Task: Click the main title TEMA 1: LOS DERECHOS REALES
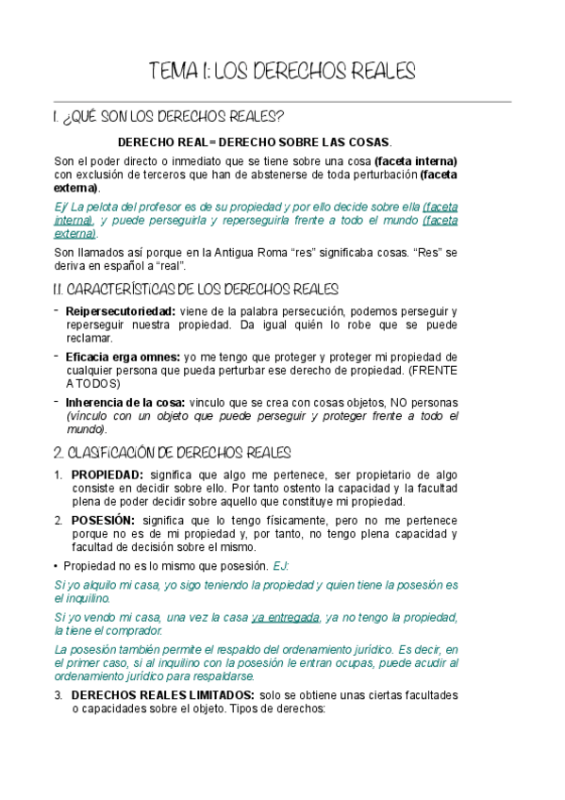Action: [282, 73]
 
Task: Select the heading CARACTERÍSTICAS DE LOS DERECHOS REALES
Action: [195, 289]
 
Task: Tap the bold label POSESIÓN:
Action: [103, 520]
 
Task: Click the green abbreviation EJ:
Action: [281, 565]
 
